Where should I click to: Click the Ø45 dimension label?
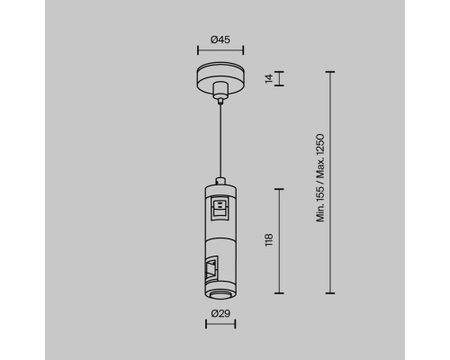tap(220, 40)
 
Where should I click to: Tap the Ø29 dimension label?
tap(220, 313)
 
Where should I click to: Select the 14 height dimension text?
tap(269, 78)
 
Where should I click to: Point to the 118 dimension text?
tap(269, 240)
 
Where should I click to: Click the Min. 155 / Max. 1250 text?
tap(320, 178)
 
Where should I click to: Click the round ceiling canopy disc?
tap(220, 77)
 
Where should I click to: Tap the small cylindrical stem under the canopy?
tap(220, 90)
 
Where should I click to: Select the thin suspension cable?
tap(220, 141)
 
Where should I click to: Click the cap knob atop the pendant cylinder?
tap(220, 181)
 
